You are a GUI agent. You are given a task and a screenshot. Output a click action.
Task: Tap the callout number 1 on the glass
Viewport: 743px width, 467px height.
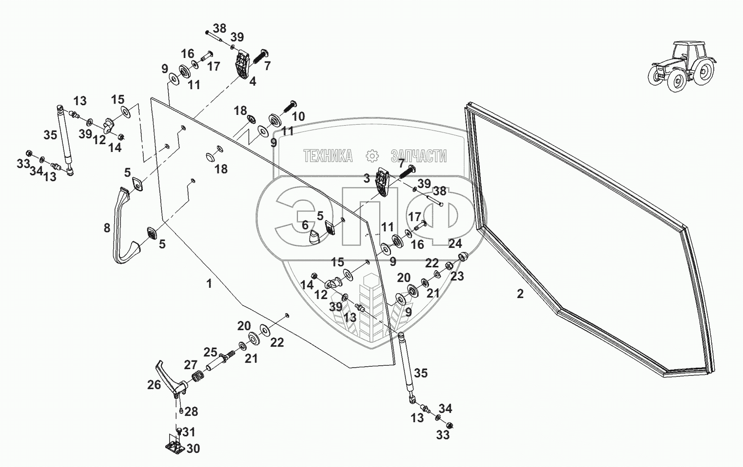pyautogui.click(x=210, y=283)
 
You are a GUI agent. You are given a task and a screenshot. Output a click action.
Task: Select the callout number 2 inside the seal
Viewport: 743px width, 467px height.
pyautogui.click(x=520, y=294)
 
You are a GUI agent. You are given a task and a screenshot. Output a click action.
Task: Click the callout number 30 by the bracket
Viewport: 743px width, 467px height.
pyautogui.click(x=194, y=449)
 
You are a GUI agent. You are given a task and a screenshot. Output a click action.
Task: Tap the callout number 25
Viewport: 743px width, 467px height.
pyautogui.click(x=210, y=352)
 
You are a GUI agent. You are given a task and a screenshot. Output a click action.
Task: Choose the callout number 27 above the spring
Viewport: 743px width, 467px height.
pyautogui.click(x=191, y=365)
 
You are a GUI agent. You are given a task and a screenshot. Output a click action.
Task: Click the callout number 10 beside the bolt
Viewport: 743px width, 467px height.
pyautogui.click(x=298, y=116)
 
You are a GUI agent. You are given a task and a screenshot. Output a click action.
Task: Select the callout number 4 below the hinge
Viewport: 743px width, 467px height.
pyautogui.click(x=252, y=81)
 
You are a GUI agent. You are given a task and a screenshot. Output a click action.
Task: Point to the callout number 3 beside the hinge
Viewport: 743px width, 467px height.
pyautogui.click(x=367, y=178)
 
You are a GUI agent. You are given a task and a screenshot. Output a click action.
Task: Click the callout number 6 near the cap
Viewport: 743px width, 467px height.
pyautogui.click(x=305, y=224)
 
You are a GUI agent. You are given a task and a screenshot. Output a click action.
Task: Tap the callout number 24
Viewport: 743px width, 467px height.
pyautogui.click(x=455, y=243)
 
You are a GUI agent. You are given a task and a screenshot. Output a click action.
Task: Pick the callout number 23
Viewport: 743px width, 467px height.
pyautogui.click(x=457, y=276)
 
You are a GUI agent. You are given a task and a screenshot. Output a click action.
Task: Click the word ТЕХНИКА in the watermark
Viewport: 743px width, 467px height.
pyautogui.click(x=328, y=156)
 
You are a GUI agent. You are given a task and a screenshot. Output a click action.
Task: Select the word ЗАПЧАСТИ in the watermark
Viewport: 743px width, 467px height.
pyautogui.click(x=418, y=156)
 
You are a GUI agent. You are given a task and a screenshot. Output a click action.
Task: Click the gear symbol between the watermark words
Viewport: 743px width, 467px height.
pyautogui.click(x=372, y=156)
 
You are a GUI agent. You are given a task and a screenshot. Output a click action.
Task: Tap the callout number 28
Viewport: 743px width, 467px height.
pyautogui.click(x=191, y=411)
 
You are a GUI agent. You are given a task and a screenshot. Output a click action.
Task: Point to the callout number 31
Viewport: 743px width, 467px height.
pyautogui.click(x=189, y=432)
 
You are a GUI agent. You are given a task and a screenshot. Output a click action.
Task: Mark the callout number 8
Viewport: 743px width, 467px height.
pyautogui.click(x=107, y=228)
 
